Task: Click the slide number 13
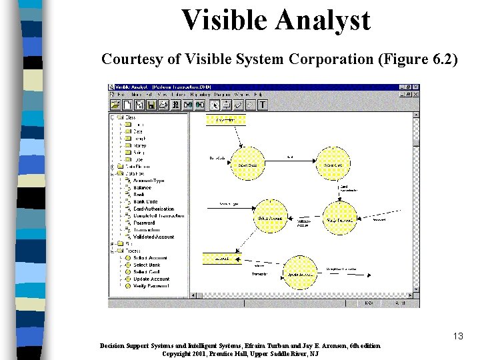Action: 457,336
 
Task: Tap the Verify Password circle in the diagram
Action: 340,217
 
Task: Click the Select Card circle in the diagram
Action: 333,164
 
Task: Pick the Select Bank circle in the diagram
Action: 247,164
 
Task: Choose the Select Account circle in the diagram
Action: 269,217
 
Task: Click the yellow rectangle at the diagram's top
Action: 225,120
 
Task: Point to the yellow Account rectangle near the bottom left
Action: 222,257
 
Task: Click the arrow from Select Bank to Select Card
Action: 290,161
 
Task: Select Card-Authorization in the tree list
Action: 153,209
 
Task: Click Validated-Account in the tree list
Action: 153,237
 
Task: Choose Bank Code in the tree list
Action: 145,201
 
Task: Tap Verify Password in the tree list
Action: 151,285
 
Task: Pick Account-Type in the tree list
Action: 148,181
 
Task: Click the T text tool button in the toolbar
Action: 262,105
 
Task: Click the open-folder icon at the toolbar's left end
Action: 115,105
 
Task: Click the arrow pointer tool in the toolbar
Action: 215,105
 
